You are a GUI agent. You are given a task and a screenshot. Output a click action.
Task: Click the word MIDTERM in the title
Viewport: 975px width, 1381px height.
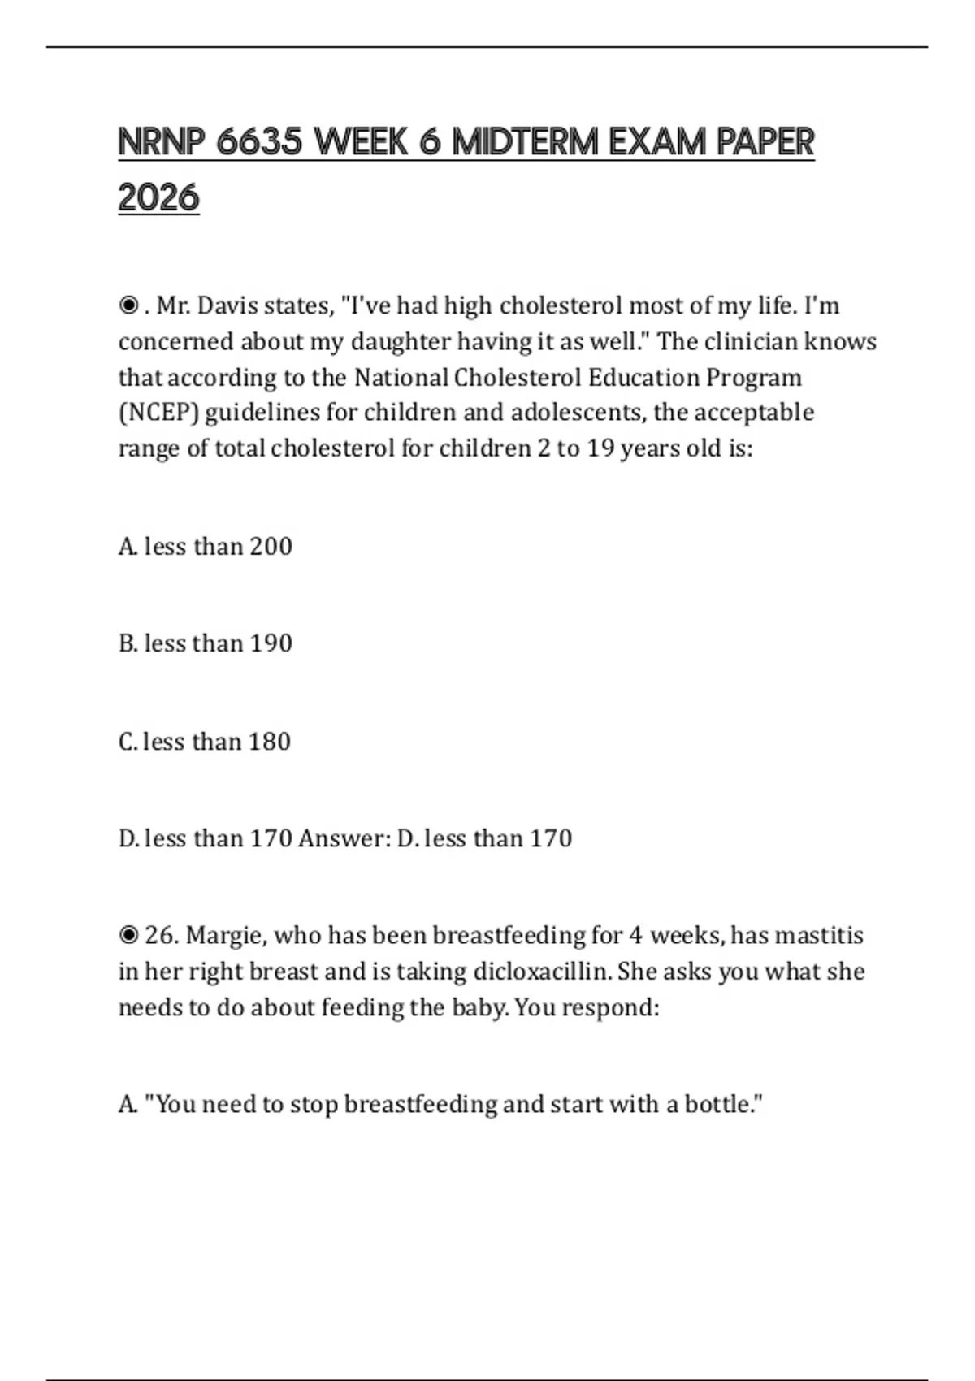(x=526, y=142)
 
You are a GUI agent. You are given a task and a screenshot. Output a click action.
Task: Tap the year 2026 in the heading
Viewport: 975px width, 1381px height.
(x=158, y=197)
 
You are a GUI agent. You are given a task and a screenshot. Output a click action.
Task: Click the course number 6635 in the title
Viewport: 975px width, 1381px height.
(x=260, y=142)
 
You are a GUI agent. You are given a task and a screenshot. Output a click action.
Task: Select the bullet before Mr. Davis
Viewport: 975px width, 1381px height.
(x=128, y=306)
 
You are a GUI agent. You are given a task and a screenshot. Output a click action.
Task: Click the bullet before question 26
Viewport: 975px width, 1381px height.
(x=128, y=936)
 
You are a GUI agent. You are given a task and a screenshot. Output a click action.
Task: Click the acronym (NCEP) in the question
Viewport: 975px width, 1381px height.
(x=158, y=413)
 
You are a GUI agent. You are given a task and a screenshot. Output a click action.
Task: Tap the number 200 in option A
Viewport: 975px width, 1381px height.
(x=271, y=547)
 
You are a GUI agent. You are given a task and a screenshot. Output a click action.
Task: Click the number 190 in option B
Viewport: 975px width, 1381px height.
(x=271, y=643)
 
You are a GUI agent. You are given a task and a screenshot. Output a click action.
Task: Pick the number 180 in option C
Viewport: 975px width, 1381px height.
(x=270, y=742)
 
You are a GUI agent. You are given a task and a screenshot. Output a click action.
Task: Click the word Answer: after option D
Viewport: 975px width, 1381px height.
(x=344, y=838)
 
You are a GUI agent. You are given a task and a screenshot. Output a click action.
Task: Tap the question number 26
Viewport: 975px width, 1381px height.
(x=161, y=936)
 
